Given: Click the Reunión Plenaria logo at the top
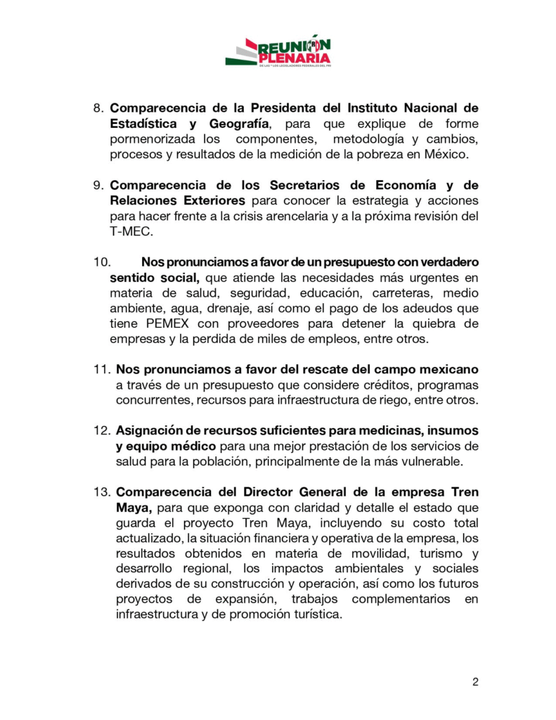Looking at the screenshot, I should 278,51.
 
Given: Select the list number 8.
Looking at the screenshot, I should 98,108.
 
